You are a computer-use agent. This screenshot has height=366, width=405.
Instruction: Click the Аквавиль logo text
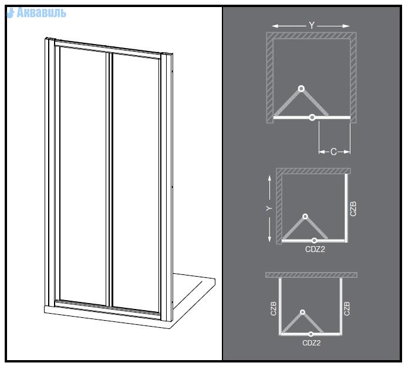click(41, 13)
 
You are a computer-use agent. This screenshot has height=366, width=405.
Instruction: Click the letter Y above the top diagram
click(312, 26)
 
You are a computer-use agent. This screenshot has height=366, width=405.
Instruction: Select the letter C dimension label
click(334, 152)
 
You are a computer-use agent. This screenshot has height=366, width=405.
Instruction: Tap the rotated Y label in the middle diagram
click(269, 209)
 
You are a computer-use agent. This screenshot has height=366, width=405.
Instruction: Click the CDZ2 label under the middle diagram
click(315, 249)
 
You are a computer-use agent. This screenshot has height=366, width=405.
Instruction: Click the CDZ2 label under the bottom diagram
click(312, 343)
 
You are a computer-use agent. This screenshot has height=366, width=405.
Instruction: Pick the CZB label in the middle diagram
click(353, 209)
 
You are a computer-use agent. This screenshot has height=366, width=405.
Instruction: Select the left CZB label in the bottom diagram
click(274, 308)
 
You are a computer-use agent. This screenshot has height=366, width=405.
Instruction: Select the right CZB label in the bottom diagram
click(347, 308)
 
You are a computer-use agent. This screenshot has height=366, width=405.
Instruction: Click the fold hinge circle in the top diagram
click(301, 89)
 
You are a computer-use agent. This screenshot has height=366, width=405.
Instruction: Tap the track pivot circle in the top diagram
click(312, 117)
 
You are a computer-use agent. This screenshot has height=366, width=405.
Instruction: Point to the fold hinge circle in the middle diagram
click(305, 216)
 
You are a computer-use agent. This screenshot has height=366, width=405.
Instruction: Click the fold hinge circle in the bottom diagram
click(303, 312)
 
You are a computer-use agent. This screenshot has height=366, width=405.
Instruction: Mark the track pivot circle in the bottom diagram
click(311, 334)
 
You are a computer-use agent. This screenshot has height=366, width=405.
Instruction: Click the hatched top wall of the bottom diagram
click(311, 275)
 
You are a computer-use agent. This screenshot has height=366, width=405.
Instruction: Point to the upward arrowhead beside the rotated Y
click(269, 178)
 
